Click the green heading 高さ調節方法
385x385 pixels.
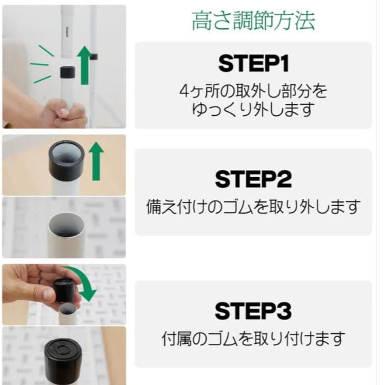[253, 21]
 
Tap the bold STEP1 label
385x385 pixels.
[253, 65]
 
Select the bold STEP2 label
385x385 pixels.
[253, 179]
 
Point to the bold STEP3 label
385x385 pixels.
[253, 311]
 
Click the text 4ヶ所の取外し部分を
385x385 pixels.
[253, 91]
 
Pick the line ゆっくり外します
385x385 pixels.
[253, 109]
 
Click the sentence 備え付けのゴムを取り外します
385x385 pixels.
[253, 206]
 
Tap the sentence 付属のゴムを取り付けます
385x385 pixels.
[253, 338]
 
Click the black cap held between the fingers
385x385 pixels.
[64, 290]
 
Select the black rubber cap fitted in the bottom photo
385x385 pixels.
[65, 353]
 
